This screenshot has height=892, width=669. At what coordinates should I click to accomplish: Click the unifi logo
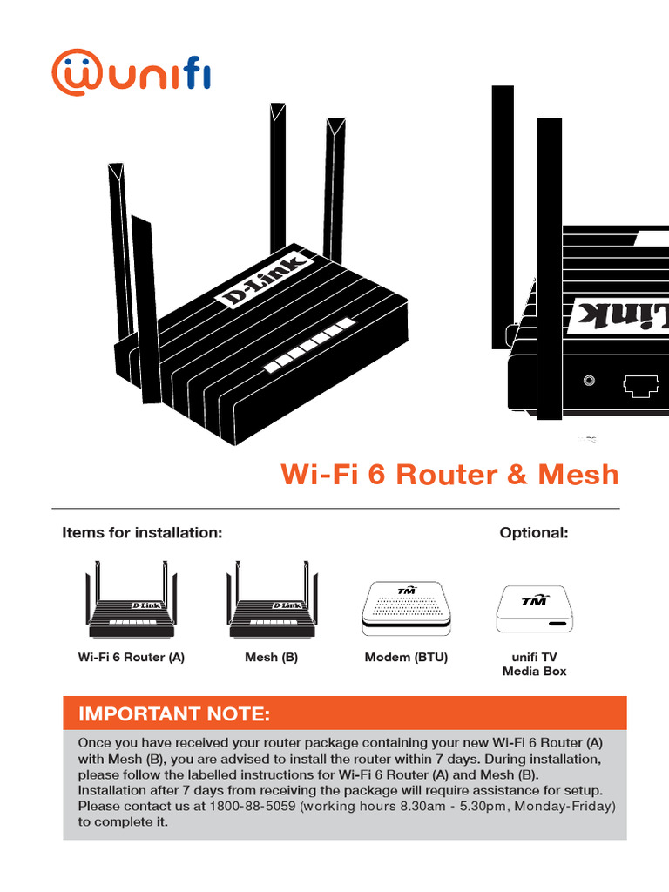[x=131, y=73]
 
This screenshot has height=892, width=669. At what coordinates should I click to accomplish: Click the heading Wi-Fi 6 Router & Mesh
[x=449, y=475]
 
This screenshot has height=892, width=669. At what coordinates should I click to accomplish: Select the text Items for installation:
[x=142, y=532]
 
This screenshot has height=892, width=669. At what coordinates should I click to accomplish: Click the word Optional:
[x=534, y=532]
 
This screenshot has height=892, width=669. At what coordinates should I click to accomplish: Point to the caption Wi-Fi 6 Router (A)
[x=132, y=658]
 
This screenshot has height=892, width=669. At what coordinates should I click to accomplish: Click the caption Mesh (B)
[x=272, y=658]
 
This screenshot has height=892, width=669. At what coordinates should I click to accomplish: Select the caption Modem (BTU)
[x=406, y=658]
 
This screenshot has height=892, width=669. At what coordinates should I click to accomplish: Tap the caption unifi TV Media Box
[x=534, y=664]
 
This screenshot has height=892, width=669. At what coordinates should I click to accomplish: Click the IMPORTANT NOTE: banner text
[x=174, y=715]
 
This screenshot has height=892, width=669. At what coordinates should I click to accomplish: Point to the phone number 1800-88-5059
[x=253, y=807]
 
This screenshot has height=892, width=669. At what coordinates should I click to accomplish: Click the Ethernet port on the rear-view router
[x=642, y=384]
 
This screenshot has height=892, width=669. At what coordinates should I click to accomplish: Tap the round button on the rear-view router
[x=591, y=382]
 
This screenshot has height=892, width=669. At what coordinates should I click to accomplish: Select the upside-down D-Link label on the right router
[x=618, y=314]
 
